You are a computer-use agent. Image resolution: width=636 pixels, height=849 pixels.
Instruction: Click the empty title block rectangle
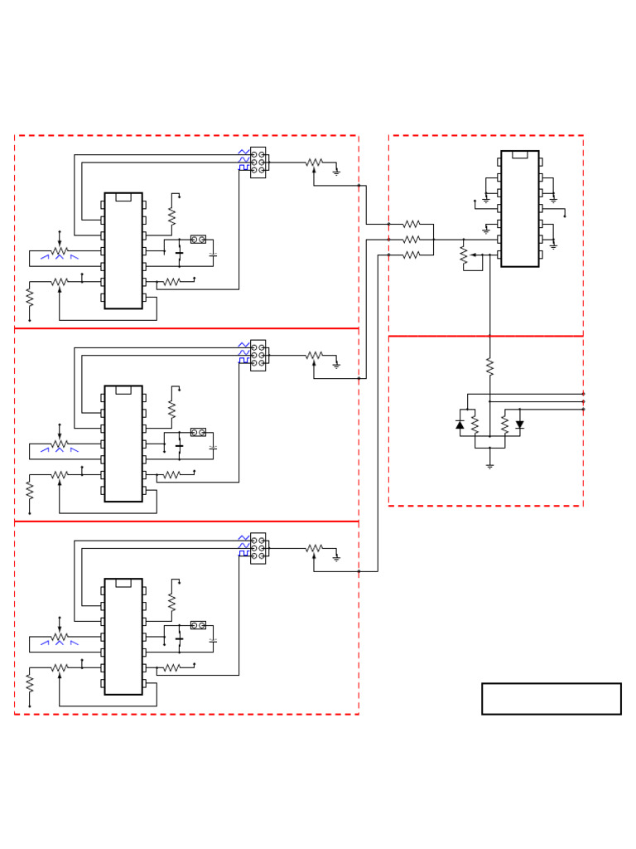pyautogui.click(x=551, y=698)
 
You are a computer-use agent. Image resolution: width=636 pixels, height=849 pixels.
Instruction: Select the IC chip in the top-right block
pyautogui.click(x=519, y=208)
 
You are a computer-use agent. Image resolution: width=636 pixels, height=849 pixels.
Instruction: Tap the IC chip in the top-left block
pyautogui.click(x=123, y=250)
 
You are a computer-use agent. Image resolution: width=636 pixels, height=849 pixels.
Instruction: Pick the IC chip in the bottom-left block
pyautogui.click(x=123, y=636)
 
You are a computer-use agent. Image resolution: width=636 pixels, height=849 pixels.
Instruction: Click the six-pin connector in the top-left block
pyautogui.click(x=258, y=163)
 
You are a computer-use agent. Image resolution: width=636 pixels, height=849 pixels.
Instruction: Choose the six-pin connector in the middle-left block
pyautogui.click(x=258, y=355)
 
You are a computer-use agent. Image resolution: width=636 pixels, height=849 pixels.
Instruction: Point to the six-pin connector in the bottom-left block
pyautogui.click(x=258, y=548)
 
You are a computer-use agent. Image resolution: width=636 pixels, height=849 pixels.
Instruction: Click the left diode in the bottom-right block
pyautogui.click(x=460, y=424)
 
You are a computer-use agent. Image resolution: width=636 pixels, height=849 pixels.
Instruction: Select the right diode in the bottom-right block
pyautogui.click(x=519, y=424)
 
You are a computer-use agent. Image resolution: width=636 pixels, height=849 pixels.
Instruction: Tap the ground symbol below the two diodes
pyautogui.click(x=489, y=465)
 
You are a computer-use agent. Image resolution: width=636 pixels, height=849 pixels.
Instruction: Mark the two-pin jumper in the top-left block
pyautogui.click(x=198, y=239)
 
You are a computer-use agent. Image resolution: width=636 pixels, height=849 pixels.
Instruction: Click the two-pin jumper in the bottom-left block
pyautogui.click(x=198, y=625)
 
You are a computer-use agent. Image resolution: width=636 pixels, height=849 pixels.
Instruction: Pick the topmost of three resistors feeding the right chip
pyautogui.click(x=412, y=224)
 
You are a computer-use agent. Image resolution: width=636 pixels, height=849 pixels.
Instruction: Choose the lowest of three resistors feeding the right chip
pyautogui.click(x=412, y=255)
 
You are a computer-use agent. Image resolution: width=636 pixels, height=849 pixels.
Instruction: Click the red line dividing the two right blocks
pyautogui.click(x=485, y=336)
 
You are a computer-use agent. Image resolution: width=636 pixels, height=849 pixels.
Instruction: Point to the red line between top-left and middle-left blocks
pyautogui.click(x=186, y=328)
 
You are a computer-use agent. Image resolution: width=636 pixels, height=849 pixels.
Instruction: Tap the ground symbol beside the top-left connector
pyautogui.click(x=336, y=172)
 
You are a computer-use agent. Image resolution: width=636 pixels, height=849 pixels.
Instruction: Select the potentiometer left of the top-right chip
pyautogui.click(x=464, y=255)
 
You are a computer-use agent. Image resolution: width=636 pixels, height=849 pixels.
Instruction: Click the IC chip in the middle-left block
pyautogui.click(x=123, y=443)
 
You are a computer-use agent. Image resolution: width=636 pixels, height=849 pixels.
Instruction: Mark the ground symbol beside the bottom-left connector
pyautogui.click(x=336, y=558)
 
